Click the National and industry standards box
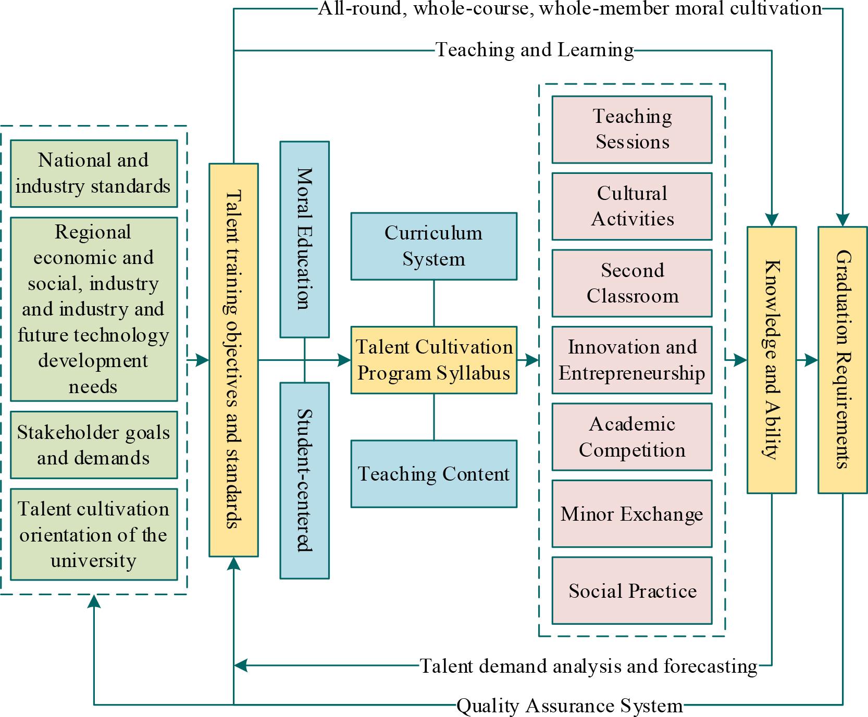coord(94,173)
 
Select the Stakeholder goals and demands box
coord(94,445)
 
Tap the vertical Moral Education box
coord(305,239)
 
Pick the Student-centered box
coord(305,480)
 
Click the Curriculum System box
coord(433,246)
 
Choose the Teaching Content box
coord(433,473)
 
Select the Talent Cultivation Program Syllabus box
coord(433,360)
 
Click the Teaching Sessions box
coord(632,129)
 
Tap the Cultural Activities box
coord(632,206)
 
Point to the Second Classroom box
coord(632,283)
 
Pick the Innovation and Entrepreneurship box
coord(632,360)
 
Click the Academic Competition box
coord(632,437)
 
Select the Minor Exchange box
coord(632,513)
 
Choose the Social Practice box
coord(632,590)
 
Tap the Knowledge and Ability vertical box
coord(772,359)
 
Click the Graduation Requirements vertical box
coord(842,359)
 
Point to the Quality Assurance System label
coord(569,706)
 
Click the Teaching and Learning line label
coord(535,50)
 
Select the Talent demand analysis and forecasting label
coord(589,666)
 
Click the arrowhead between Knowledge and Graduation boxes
coord(812,360)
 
